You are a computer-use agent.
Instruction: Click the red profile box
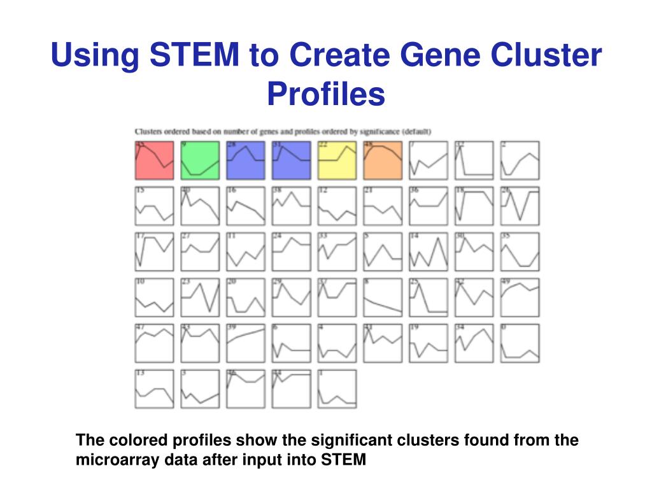[154, 160]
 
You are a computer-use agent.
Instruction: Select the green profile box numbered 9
[200, 160]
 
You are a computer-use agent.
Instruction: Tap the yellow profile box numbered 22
[337, 160]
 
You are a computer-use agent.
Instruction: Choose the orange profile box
[383, 160]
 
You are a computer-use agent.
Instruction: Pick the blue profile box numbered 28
[246, 160]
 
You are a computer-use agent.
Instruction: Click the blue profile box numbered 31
[292, 160]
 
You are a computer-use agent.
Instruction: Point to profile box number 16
[246, 206]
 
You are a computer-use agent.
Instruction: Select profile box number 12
[337, 206]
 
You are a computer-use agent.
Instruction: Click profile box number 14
[429, 252]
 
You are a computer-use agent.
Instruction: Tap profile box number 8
[383, 297]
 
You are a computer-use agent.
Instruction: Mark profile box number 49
[520, 297]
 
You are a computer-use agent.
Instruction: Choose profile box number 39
[246, 343]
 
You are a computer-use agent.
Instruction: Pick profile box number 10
[154, 297]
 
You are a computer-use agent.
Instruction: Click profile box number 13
[154, 389]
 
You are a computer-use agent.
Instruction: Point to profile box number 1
[337, 389]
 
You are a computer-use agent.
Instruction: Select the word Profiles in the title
[326, 94]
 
